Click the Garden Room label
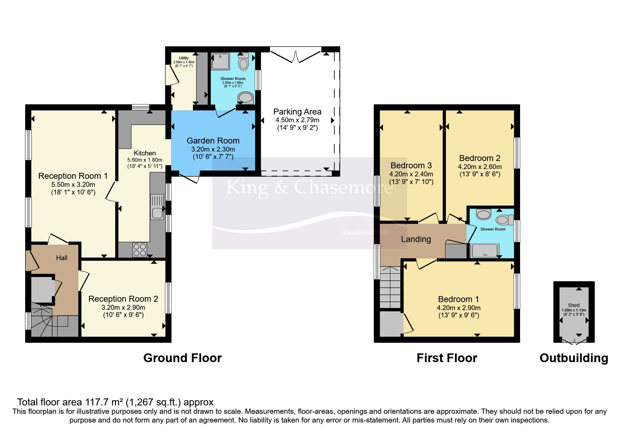click(x=213, y=141)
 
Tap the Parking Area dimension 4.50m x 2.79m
click(x=297, y=120)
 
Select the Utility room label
click(x=184, y=58)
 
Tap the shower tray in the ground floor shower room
click(x=221, y=61)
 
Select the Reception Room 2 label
click(x=123, y=299)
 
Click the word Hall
click(x=62, y=258)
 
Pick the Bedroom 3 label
click(x=411, y=166)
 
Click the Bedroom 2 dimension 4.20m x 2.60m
click(x=480, y=167)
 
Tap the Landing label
click(x=416, y=239)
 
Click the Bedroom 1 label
click(x=459, y=299)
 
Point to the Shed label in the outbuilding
click(x=574, y=305)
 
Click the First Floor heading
click(x=447, y=358)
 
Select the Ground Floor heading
click(x=182, y=358)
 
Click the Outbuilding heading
click(x=574, y=358)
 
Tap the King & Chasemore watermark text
click(x=309, y=188)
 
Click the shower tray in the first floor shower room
click(x=484, y=250)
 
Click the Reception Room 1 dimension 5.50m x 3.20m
click(x=73, y=184)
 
